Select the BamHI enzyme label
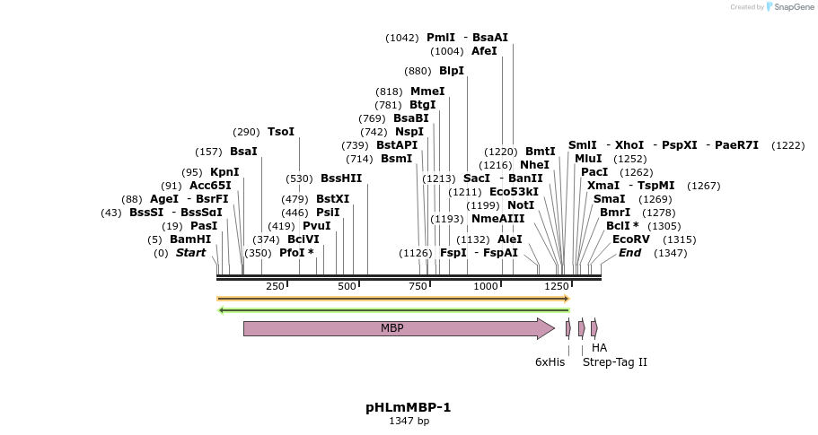190,239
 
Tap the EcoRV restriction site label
630,239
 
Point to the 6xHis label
550,362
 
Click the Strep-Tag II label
615,362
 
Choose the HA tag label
599,348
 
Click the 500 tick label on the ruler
347,286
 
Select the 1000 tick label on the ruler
486,286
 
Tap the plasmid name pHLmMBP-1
409,407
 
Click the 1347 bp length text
409,421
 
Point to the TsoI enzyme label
281,132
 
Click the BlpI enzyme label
452,71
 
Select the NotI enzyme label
521,205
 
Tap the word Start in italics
190,253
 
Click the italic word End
630,253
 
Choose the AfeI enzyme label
484,51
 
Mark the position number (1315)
680,239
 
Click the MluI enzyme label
588,159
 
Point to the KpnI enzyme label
224,172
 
